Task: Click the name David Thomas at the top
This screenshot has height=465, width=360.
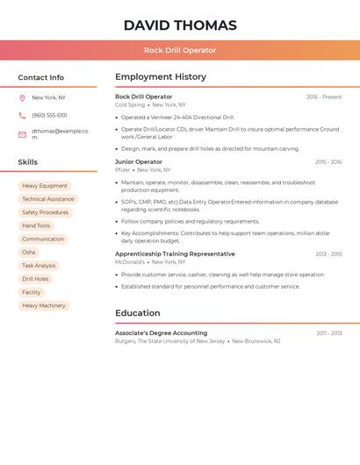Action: pos(180,25)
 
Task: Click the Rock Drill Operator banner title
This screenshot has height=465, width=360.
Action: pos(180,50)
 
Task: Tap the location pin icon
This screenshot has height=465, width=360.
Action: pos(22,98)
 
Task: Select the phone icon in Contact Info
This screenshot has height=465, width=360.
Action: pos(22,116)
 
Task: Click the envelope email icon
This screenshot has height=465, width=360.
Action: pos(22,134)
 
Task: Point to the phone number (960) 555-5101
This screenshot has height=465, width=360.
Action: pos(49,116)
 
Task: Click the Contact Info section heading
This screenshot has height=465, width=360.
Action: pos(40,77)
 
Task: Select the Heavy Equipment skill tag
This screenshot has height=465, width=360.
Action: pos(45,186)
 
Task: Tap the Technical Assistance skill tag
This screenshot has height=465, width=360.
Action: pos(48,199)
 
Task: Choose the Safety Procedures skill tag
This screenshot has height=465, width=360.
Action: pos(45,212)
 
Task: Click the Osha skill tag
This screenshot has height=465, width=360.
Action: pos(29,253)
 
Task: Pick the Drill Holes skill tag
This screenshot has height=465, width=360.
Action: pos(35,279)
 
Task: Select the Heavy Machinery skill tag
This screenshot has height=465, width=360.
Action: pos(44,305)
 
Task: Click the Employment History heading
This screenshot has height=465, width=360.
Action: pos(161,77)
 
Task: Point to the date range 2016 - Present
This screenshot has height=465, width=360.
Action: pos(324,97)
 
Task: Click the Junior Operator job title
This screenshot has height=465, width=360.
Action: pos(139,162)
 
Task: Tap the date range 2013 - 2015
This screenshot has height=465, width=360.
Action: pos(328,254)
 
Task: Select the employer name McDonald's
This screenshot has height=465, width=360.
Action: pos(130,261)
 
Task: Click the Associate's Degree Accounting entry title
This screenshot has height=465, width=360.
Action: pos(162,333)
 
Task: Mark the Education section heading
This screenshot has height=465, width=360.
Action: pos(138,313)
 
